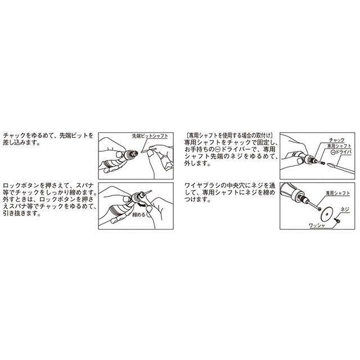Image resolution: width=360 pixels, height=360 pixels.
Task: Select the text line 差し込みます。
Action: coord(21,143)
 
